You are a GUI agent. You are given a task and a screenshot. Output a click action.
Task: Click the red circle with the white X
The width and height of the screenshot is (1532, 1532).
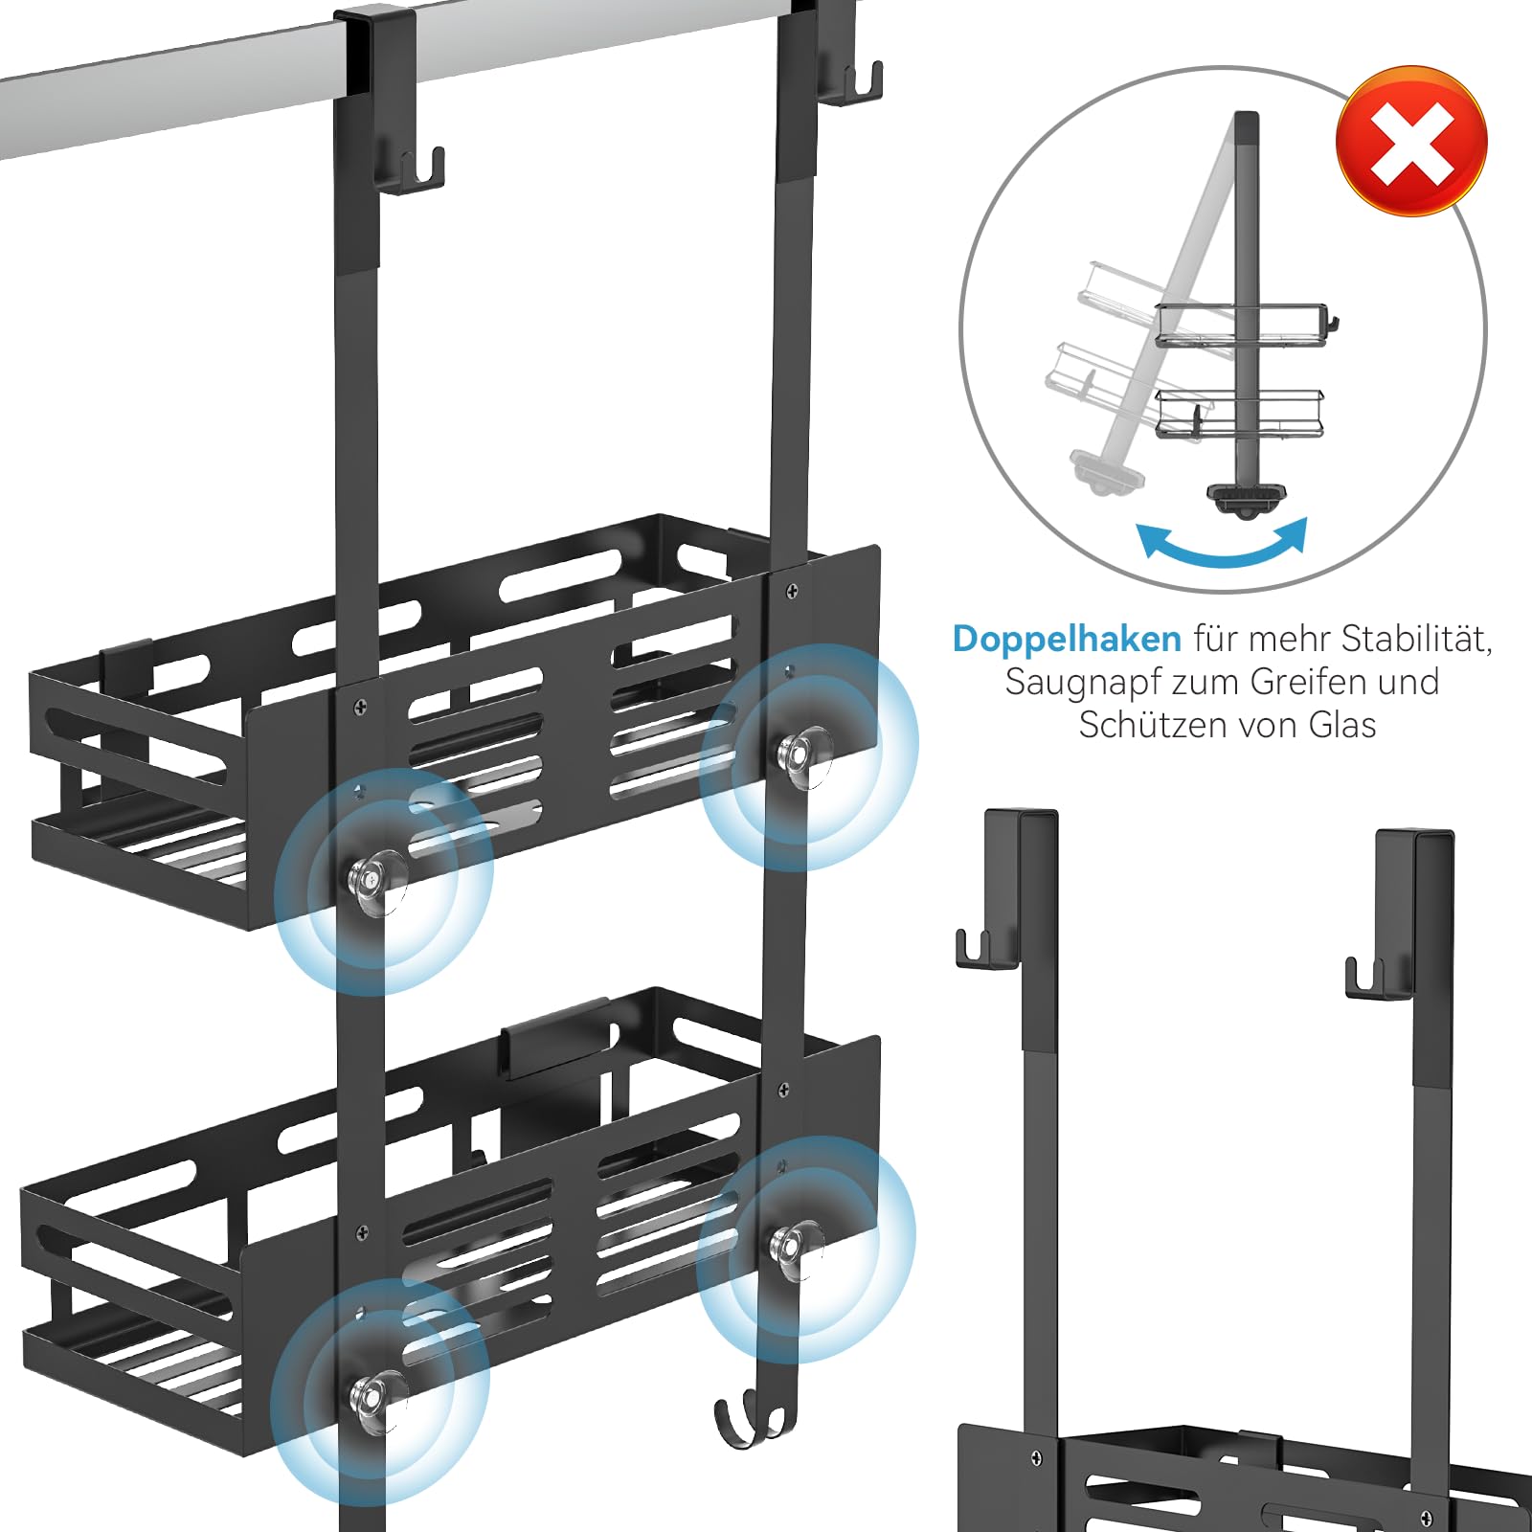(x=1411, y=141)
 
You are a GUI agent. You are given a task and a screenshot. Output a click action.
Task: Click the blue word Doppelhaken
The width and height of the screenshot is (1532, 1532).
(x=1067, y=639)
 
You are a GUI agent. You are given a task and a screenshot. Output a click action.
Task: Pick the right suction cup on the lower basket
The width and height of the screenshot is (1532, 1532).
(x=794, y=1247)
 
